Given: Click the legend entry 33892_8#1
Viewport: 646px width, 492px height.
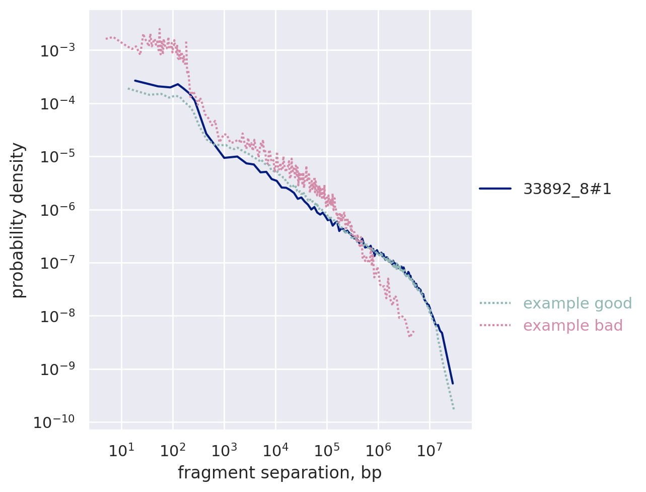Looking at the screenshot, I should tap(567, 189).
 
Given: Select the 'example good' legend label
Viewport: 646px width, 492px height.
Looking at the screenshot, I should tap(578, 303).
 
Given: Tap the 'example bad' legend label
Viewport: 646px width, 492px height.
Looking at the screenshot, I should tap(573, 326).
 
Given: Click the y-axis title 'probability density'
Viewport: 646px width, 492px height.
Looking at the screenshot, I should tap(18, 220).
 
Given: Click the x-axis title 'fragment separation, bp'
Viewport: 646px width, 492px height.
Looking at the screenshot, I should tap(279, 473).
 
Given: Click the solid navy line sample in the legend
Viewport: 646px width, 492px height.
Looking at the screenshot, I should tap(495, 189).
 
